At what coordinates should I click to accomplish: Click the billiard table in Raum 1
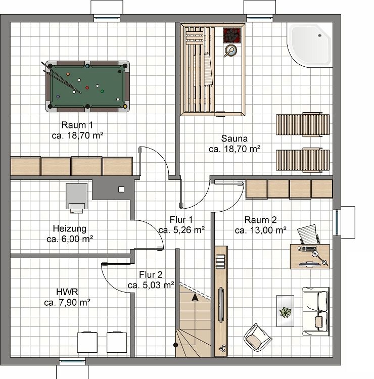pyautogui.click(x=87, y=86)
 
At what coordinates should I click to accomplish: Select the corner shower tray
pyautogui.click(x=309, y=44)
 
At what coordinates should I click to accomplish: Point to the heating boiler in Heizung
pyautogui.click(x=76, y=196)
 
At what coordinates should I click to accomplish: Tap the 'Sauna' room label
pyautogui.click(x=234, y=138)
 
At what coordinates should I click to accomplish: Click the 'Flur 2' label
pyautogui.click(x=151, y=275)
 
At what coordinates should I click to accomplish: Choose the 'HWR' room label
pyautogui.click(x=66, y=293)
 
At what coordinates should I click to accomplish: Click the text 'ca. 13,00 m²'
pyautogui.click(x=261, y=230)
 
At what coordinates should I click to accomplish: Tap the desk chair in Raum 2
pyautogui.click(x=308, y=234)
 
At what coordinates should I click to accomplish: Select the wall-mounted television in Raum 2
pyautogui.click(x=221, y=304)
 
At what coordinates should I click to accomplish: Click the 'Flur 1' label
pyautogui.click(x=181, y=220)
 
